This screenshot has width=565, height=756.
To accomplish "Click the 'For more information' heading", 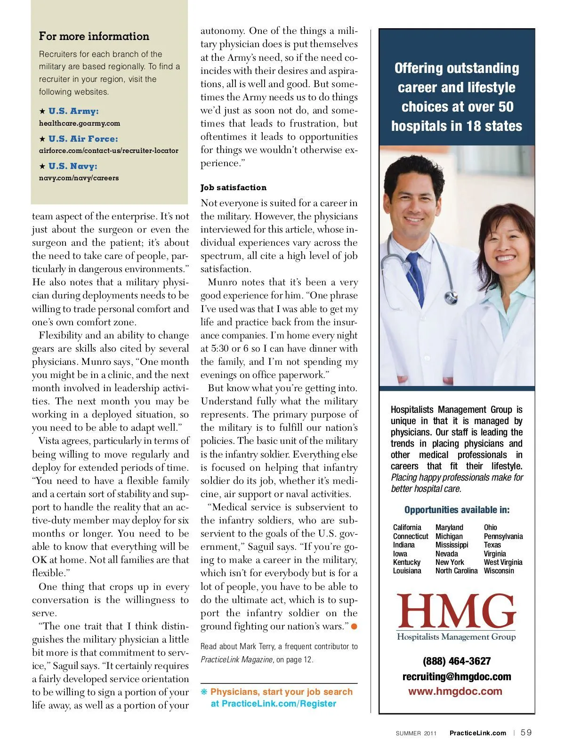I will [x=94, y=36].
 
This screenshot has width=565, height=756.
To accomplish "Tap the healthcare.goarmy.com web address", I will [x=80, y=123].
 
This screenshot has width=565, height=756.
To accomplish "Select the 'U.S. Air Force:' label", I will [x=83, y=139].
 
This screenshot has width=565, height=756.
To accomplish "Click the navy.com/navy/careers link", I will [x=79, y=178].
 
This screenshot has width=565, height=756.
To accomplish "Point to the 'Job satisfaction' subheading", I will [x=234, y=187].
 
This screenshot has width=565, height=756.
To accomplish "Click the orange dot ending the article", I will [x=354, y=626].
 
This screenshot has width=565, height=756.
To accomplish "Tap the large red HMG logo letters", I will [x=456, y=611].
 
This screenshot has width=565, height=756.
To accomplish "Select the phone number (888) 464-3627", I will [x=456, y=661].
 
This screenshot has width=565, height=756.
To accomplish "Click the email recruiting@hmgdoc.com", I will [x=456, y=676].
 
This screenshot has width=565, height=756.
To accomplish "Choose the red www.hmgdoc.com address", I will [x=455, y=692].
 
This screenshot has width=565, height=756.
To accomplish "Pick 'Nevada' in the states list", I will [x=446, y=554].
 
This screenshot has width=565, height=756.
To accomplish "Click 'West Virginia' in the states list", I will [x=503, y=562].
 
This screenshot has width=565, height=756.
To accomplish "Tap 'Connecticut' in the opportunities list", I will [x=411, y=536].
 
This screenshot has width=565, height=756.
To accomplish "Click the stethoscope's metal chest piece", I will [x=451, y=297].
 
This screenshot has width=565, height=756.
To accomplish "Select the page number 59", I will [x=526, y=732].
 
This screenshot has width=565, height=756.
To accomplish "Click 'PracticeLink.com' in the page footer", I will [x=477, y=733].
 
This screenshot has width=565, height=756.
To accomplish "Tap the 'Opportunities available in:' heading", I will [x=457, y=510].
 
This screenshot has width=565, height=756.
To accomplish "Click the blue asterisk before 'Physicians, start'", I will [x=204, y=692].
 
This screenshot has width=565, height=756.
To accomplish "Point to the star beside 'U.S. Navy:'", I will [x=42, y=166].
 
